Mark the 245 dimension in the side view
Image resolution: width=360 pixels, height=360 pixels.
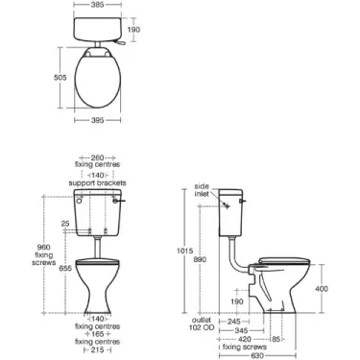click(x=244, y=320)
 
